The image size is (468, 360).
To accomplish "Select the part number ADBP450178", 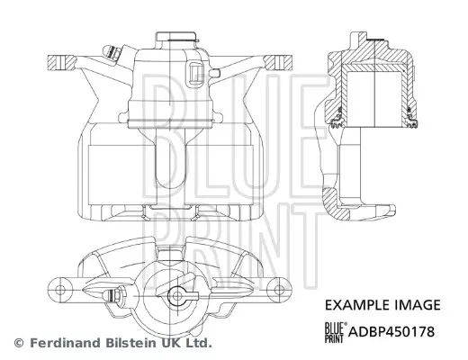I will tap(396, 331).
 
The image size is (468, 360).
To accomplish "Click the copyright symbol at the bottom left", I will tap(18, 343).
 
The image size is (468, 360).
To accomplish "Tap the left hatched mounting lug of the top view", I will tap(58, 64).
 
